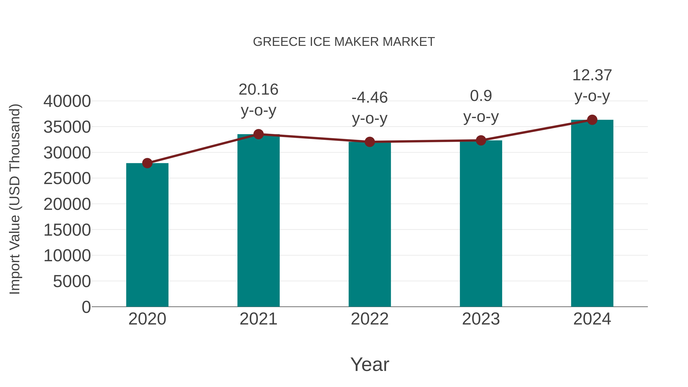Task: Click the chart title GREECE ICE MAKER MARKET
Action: [x=344, y=42]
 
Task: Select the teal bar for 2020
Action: [x=147, y=235]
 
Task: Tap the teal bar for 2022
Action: [x=370, y=224]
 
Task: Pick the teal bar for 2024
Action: [x=592, y=214]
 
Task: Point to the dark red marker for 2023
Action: [x=481, y=140]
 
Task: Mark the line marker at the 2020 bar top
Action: [x=147, y=163]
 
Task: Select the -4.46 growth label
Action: [x=370, y=97]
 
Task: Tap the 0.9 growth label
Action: [x=481, y=96]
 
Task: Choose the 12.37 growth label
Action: [x=592, y=75]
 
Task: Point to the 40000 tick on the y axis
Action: [x=67, y=101]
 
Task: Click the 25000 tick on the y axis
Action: [x=67, y=178]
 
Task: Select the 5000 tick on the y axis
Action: [x=72, y=281]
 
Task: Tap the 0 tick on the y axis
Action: [x=86, y=307]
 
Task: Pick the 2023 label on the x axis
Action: [x=481, y=319]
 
